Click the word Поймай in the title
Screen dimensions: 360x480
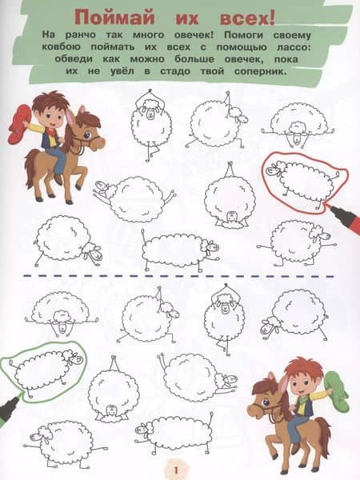(114, 17)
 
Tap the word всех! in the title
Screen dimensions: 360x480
(248, 18)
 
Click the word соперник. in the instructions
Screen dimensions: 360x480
(261, 72)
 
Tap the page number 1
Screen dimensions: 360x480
(176, 470)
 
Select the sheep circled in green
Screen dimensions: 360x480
(45, 368)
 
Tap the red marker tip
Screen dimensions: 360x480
(331, 208)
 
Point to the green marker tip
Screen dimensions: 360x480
(19, 395)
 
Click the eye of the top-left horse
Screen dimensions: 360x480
(87, 134)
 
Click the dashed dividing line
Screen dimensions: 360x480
(178, 277)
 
